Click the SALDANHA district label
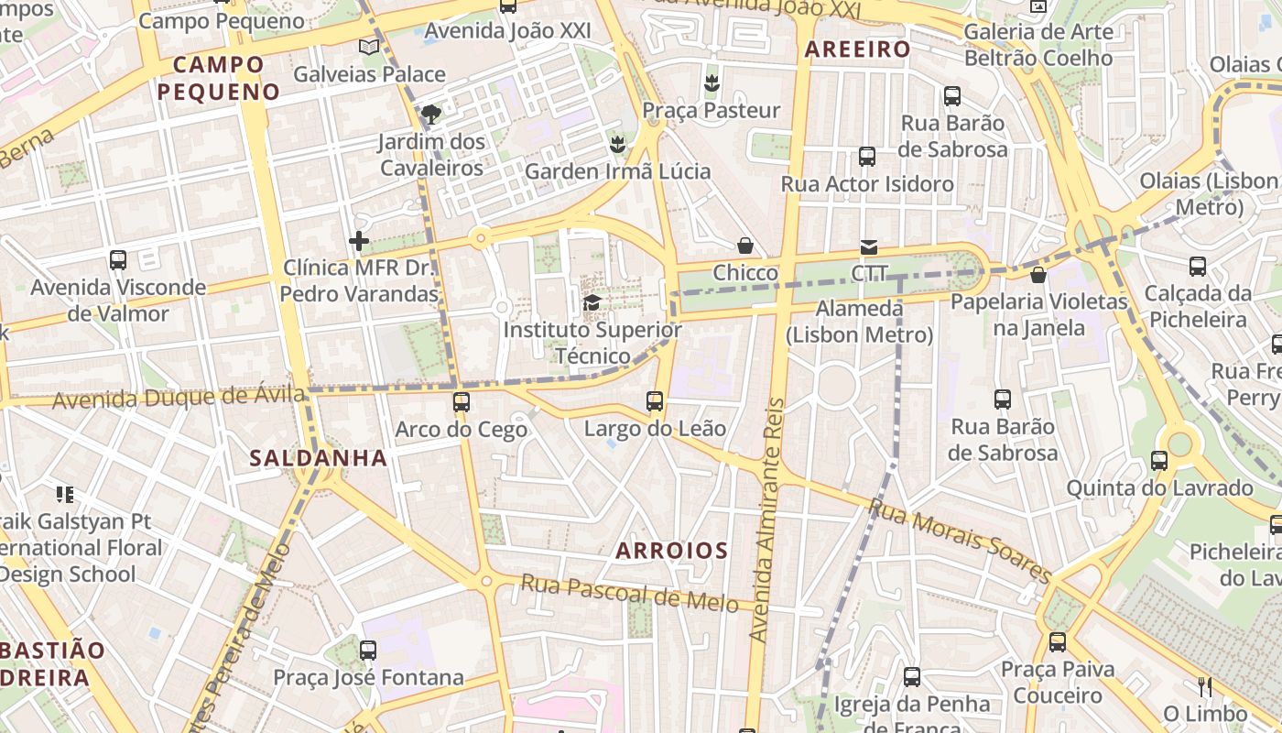tap(319, 457)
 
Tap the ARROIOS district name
tap(672, 551)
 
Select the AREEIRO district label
tap(857, 49)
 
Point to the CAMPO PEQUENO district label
tap(218, 78)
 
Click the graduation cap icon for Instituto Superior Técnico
tap(592, 302)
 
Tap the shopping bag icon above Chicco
tap(745, 246)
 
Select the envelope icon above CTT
tap(868, 246)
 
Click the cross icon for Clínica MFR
tap(359, 241)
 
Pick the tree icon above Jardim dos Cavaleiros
tap(431, 115)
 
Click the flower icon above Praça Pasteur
tap(711, 83)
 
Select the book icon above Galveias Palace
tap(369, 47)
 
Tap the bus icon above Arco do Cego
tap(462, 401)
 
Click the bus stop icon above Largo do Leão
tap(655, 400)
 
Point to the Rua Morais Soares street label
tap(961, 541)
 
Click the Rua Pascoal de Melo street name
tap(630, 593)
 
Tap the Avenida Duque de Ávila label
tap(179, 398)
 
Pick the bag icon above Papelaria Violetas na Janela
tap(1038, 274)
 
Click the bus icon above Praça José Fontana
tap(368, 650)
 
